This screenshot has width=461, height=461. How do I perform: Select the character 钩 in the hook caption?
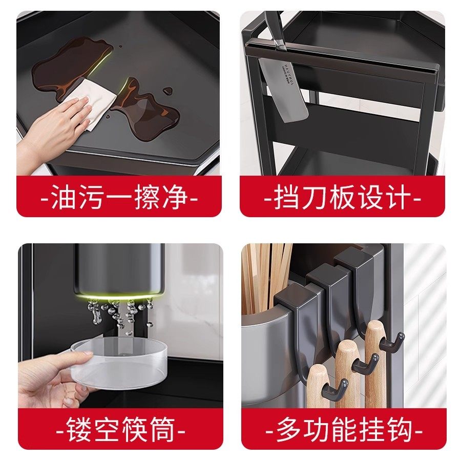coord(399,430)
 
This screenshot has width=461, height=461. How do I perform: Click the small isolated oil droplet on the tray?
coord(167,91)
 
